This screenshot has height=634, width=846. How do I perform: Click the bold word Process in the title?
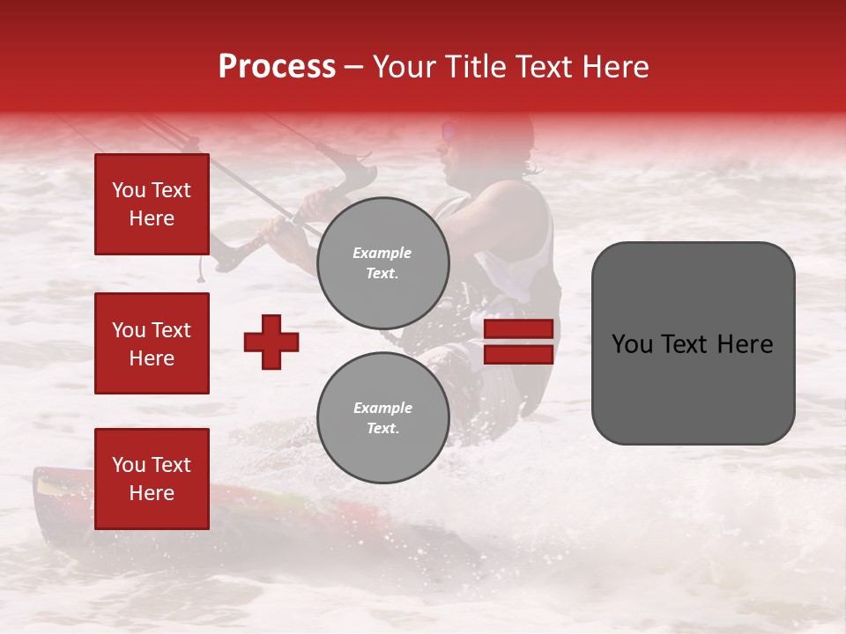[277, 67]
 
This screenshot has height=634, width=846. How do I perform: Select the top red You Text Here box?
[152, 204]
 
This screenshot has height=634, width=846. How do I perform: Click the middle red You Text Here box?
[152, 343]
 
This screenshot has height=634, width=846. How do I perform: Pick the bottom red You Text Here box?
[152, 479]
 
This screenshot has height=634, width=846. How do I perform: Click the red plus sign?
[271, 342]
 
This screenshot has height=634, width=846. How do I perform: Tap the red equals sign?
[518, 342]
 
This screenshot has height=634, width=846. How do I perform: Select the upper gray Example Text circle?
[382, 263]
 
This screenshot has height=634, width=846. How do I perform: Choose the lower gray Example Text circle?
[382, 418]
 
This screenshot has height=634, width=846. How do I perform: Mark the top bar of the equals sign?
[518, 329]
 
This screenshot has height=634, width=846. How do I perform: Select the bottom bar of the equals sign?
[518, 354]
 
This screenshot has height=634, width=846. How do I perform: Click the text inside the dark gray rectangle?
[693, 343]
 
